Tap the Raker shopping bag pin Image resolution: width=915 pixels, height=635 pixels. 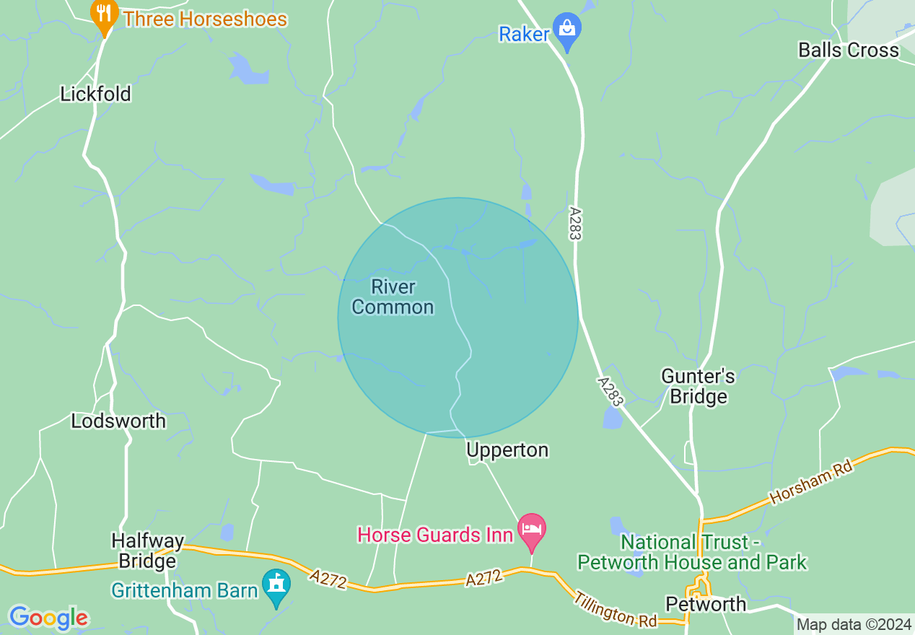tap(567, 31)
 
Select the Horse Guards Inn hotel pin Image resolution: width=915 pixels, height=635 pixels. tap(532, 530)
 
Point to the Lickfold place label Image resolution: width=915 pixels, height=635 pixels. tap(95, 95)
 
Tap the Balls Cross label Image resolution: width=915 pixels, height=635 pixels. tap(849, 50)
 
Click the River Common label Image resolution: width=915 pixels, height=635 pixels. tap(393, 297)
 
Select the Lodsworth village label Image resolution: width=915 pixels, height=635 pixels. tap(118, 421)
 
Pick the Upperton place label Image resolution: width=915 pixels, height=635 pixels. tap(507, 450)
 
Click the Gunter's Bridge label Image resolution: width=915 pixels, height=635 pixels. tap(698, 386)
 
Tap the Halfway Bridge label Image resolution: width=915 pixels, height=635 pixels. tap(148, 551)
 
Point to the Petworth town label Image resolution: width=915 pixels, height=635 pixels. tap(706, 604)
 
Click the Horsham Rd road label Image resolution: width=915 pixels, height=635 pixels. tap(811, 482)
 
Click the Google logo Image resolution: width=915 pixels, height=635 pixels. tap(48, 618)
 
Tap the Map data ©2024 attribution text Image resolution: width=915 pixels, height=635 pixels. tap(854, 623)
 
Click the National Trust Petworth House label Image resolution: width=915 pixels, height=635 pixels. tap(691, 552)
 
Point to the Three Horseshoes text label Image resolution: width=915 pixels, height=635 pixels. tap(205, 19)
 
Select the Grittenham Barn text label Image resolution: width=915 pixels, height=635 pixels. tap(184, 590)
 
